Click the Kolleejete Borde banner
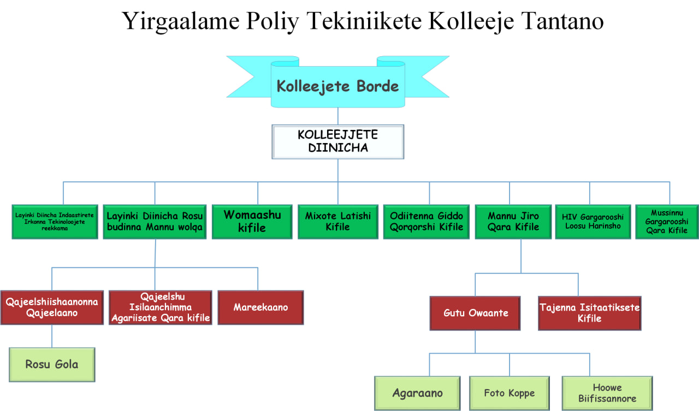[x=337, y=86]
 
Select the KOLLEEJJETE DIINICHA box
[x=337, y=141]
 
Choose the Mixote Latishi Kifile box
[x=337, y=221]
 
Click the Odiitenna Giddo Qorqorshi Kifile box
[x=426, y=221]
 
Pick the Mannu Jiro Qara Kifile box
[x=513, y=221]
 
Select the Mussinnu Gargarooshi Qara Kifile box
[x=667, y=221]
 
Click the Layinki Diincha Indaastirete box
[x=55, y=221]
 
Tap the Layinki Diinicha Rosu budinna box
[x=155, y=221]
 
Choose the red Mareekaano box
[x=260, y=307]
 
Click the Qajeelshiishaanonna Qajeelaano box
[x=52, y=307]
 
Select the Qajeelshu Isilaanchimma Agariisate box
[x=161, y=307]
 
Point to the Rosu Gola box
[x=52, y=364]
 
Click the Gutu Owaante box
[x=475, y=313]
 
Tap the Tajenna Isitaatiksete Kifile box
[x=589, y=313]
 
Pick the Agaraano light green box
[x=417, y=393]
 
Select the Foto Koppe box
[x=509, y=393]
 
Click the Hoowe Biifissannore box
[x=607, y=393]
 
